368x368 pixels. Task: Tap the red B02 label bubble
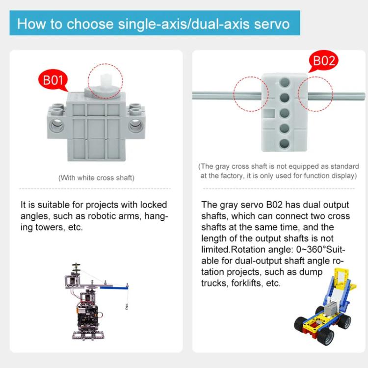pos(324,61)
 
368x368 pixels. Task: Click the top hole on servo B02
pos(284,81)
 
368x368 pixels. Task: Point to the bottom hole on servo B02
pos(284,143)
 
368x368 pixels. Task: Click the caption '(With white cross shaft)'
pos(96,178)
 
